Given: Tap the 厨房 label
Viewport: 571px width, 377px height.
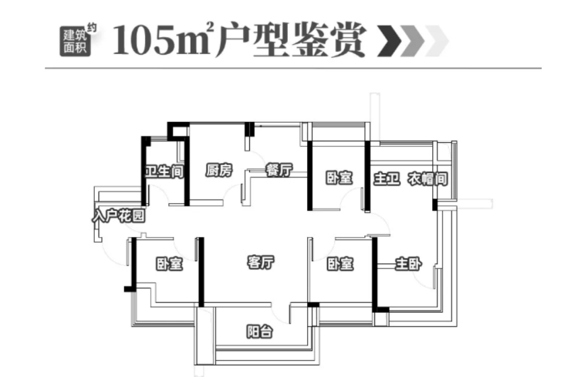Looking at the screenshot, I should point(218,172).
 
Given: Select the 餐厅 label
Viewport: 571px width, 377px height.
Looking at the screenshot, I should point(277,172).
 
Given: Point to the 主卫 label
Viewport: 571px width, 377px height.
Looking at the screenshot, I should point(386,178).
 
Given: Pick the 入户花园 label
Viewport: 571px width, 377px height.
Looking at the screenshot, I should point(118,216).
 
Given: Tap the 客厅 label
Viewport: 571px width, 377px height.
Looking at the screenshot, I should point(262,263).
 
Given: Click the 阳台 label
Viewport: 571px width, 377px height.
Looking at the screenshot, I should point(258,332).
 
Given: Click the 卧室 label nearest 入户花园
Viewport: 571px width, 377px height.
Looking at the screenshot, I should point(169,264).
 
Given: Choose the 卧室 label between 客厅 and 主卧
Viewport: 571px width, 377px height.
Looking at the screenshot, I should point(340,264).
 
